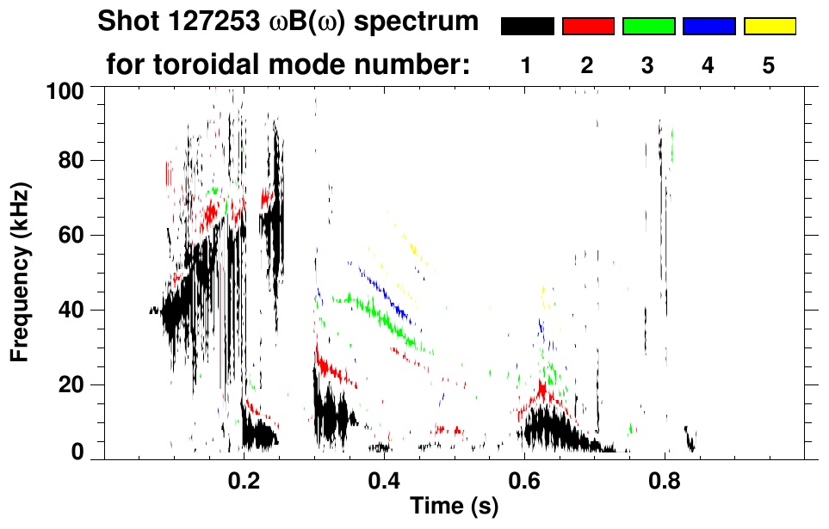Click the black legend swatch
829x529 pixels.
point(527,27)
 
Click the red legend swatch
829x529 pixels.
point(588,27)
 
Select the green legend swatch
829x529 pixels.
point(648,27)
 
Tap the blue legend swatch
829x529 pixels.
point(708,27)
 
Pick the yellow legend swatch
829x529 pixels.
point(770,27)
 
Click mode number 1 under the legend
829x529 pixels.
point(527,65)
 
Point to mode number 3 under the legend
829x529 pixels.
point(648,65)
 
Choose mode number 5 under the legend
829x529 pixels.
point(769,65)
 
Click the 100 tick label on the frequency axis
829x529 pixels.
point(66,89)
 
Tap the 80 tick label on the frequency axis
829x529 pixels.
point(71,162)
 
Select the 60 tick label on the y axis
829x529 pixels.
point(71,236)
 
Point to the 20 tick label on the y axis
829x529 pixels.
point(71,384)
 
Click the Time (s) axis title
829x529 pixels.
point(454,507)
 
